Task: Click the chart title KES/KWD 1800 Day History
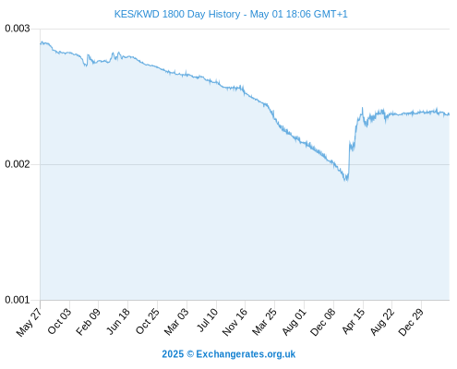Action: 177,14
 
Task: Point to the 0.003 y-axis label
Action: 18,29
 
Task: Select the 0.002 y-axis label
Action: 18,164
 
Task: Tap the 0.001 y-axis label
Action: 18,300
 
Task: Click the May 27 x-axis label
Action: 29,322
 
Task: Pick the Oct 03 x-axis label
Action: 59,321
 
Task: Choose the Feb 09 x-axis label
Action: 88,322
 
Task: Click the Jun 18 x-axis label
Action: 118,321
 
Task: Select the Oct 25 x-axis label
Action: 148,321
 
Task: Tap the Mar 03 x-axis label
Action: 176,322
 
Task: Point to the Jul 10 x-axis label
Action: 207,320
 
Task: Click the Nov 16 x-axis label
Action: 235,322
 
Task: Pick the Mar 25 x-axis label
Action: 264,322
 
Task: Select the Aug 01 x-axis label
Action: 295,322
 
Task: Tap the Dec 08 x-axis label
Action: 322,322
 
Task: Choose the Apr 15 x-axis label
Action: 354,321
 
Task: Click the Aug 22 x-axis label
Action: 382,322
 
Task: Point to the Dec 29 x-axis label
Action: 411,322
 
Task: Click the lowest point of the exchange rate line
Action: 346,181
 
